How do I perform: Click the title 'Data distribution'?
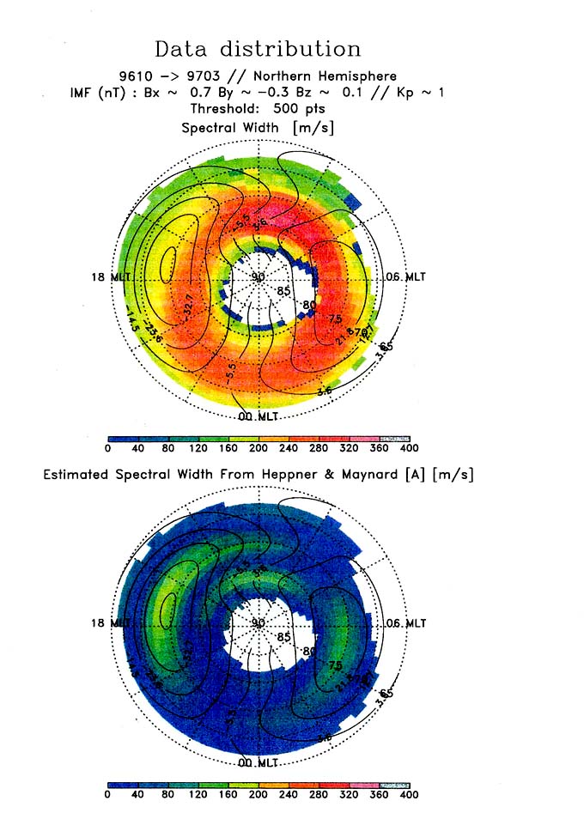[258, 48]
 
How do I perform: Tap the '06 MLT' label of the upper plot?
[405, 276]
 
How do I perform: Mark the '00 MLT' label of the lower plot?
[258, 762]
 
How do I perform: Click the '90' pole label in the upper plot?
[258, 276]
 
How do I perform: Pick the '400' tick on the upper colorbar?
[409, 448]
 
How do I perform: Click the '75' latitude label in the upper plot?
[335, 317]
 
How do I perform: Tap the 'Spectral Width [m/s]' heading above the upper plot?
[258, 126]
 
